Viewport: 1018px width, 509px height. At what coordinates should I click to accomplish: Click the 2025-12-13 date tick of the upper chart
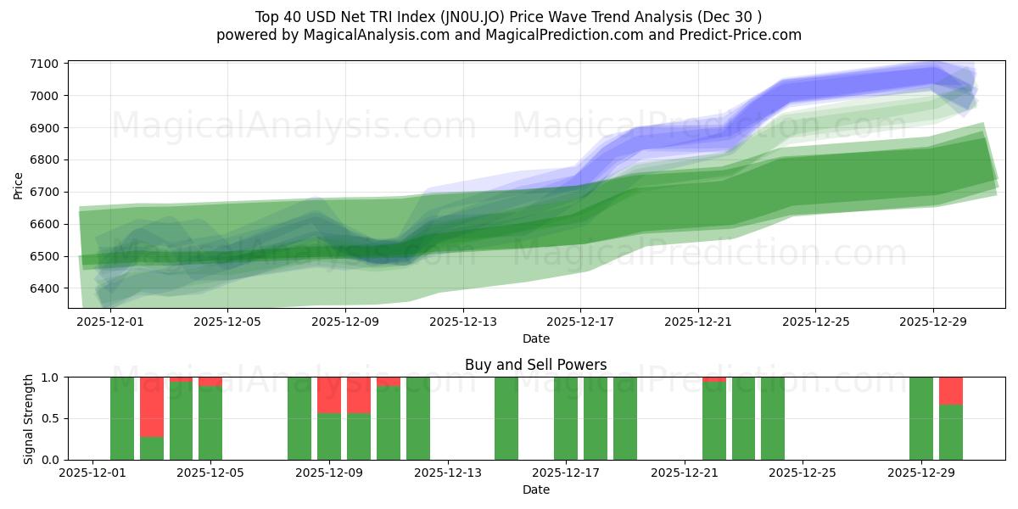point(462,322)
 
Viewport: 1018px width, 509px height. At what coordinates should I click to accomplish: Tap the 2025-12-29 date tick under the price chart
point(933,322)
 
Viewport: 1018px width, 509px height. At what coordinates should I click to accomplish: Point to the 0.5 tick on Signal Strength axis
point(50,418)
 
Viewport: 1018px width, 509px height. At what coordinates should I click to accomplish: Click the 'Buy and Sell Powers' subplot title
point(535,366)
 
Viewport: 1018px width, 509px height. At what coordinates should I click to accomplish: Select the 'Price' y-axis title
point(19,184)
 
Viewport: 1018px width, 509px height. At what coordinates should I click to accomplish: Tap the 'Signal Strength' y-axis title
point(28,418)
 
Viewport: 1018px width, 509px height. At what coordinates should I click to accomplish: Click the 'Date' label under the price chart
point(535,338)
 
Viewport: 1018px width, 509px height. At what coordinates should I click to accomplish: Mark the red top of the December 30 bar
point(951,391)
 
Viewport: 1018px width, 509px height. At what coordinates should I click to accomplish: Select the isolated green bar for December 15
point(506,418)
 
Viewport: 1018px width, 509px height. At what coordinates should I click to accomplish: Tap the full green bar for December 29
point(921,418)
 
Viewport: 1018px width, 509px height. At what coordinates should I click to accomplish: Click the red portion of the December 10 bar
point(359,395)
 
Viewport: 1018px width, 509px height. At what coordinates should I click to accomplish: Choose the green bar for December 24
point(773,418)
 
